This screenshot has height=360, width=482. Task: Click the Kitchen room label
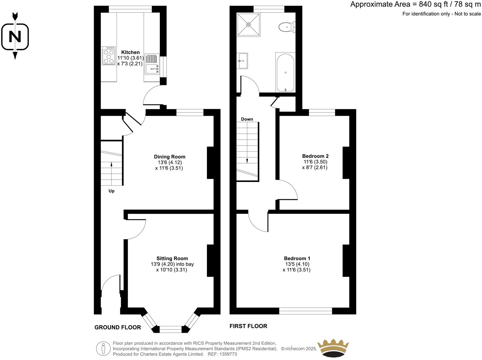130,52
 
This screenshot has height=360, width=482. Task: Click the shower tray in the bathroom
249,24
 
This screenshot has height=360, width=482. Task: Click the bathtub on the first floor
285,72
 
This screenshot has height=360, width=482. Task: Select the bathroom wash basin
242,61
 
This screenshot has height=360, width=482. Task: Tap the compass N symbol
15,36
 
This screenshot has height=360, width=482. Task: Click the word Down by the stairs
247,119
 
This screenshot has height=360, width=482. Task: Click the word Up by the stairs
112,191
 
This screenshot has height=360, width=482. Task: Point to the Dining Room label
169,157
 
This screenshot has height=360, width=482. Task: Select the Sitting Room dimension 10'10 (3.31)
171,270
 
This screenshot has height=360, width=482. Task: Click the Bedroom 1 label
297,258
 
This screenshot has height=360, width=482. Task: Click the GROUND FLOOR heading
118,327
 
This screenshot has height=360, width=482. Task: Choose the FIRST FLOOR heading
248,326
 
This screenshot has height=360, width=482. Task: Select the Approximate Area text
415,4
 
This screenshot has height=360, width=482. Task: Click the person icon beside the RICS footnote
103,348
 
